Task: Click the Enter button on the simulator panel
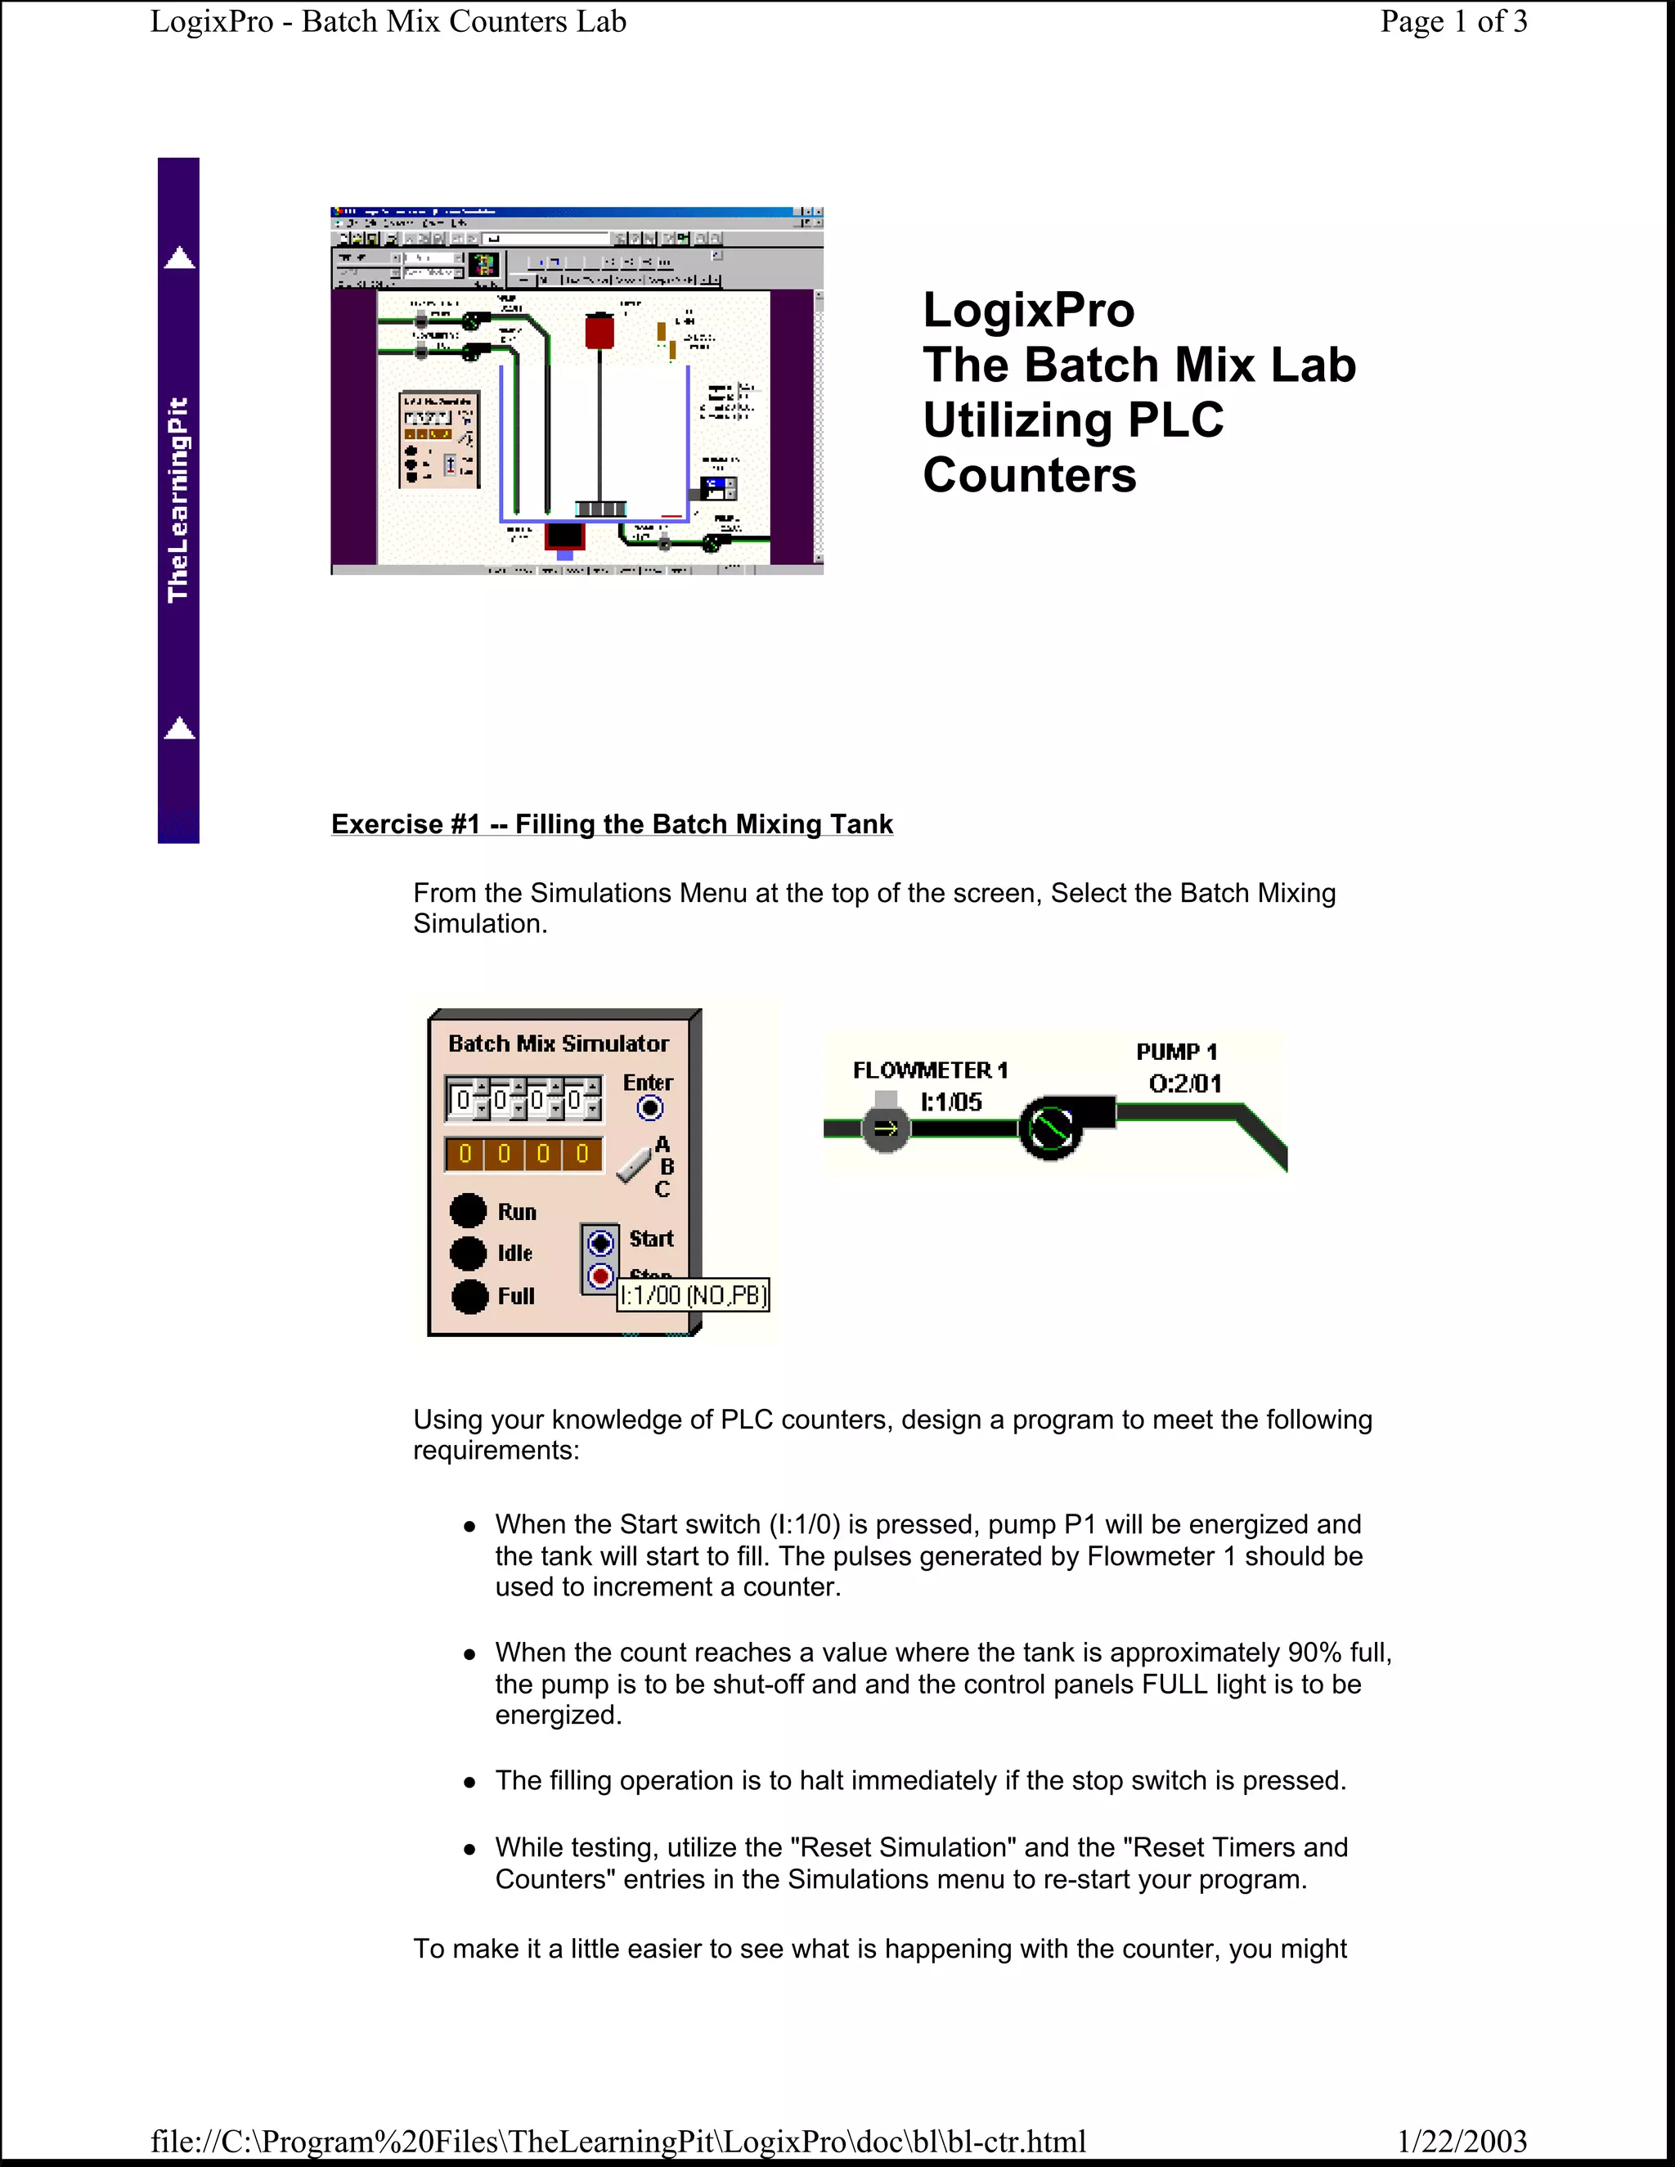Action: [650, 1107]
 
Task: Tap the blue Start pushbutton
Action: [600, 1242]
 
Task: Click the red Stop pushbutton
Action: [600, 1276]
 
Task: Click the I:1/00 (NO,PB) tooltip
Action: [694, 1294]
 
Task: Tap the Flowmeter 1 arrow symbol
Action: [885, 1128]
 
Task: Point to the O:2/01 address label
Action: [1185, 1083]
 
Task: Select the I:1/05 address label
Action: [950, 1101]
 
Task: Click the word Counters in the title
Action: [1029, 475]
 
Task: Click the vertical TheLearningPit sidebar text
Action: [178, 500]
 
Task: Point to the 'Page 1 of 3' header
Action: [1453, 22]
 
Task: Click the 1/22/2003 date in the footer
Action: [1461, 2141]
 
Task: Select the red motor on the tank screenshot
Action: [599, 331]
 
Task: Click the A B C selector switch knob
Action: [634, 1164]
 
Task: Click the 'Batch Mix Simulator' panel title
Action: [559, 1043]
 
